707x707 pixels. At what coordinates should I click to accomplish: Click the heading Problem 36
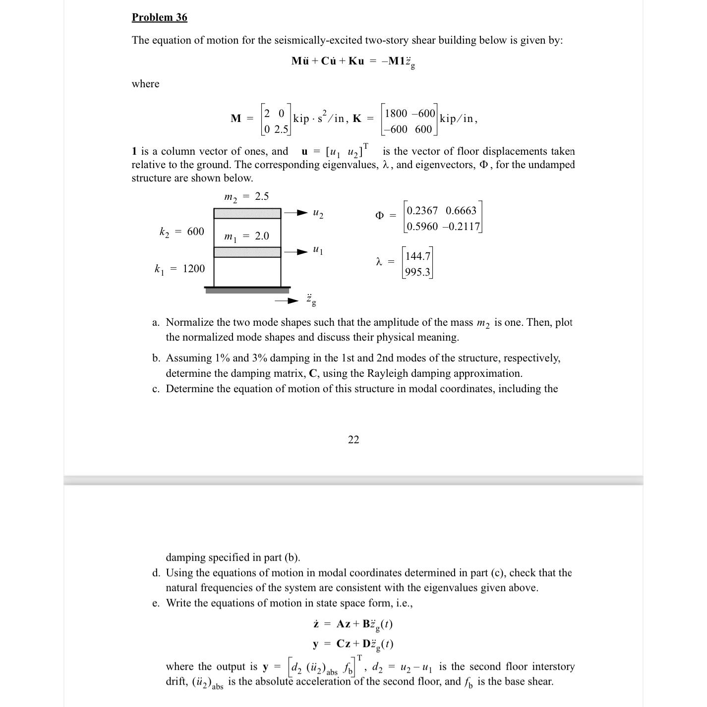tap(159, 17)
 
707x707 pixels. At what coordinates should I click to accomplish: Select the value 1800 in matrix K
tap(396, 114)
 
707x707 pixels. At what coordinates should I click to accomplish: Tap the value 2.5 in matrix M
tap(281, 130)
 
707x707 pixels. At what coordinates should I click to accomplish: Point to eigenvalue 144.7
tap(417, 256)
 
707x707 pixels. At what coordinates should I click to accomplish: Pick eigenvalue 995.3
tap(417, 272)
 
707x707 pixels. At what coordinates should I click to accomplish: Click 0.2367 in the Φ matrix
tap(422, 211)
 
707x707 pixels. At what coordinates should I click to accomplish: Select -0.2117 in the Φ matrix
tap(461, 227)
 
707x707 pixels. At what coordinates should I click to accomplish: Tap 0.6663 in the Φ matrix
tap(461, 211)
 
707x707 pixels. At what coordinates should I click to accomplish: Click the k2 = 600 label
tap(181, 232)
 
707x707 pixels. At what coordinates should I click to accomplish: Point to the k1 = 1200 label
tap(179, 269)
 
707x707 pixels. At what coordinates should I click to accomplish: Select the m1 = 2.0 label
tap(246, 236)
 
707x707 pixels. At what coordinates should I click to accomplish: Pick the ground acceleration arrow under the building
tap(288, 300)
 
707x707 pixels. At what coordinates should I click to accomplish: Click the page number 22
tap(353, 440)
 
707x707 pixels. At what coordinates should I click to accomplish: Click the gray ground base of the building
tap(247, 291)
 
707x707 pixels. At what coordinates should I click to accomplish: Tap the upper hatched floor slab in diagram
tap(247, 213)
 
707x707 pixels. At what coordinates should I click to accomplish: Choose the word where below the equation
tap(145, 84)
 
